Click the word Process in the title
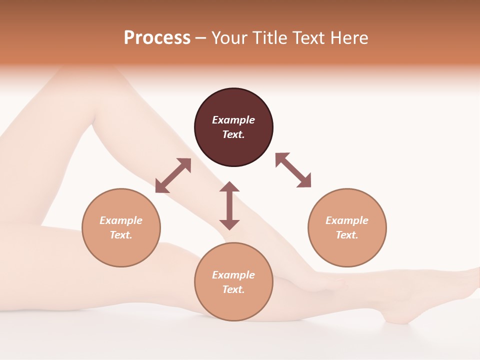pos(157,38)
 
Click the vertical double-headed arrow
pos(229,205)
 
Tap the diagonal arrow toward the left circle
pos(173,175)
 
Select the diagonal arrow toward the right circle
pos(293,170)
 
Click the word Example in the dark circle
pos(233,120)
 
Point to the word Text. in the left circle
pos(121,235)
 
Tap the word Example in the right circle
pos(347,220)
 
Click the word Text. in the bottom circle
pos(233,289)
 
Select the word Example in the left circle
pos(121,220)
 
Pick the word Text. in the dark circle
pos(233,134)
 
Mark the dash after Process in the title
pos(200,38)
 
